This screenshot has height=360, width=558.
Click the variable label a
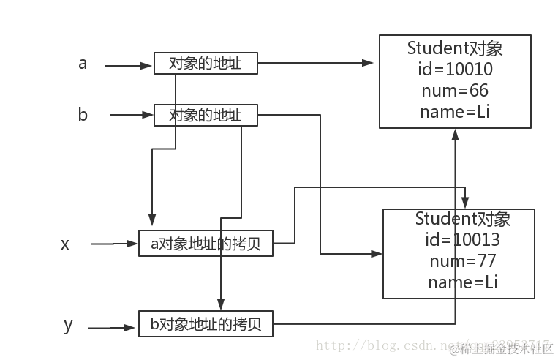pos(83,64)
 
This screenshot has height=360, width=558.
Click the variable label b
pos(83,115)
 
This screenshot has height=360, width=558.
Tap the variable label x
pos(65,244)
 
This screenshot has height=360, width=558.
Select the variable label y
pos(68,324)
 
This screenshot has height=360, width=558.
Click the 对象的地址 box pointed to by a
pos(207,64)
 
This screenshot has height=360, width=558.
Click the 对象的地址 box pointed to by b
pos(207,115)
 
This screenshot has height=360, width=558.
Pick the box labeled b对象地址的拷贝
pos(206,324)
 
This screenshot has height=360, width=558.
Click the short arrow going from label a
pos(129,65)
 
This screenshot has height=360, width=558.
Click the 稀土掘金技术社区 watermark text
pos(505,350)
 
